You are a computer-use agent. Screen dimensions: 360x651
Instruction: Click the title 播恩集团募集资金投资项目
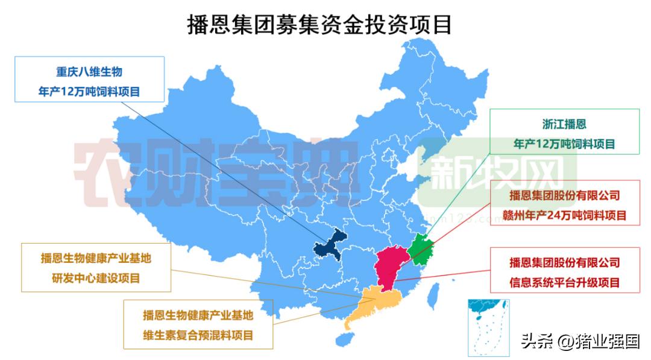click(x=319, y=25)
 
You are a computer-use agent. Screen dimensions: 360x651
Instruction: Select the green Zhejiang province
click(x=420, y=248)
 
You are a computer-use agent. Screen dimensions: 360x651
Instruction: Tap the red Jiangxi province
click(x=389, y=265)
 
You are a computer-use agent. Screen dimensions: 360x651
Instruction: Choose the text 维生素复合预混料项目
click(x=198, y=335)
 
